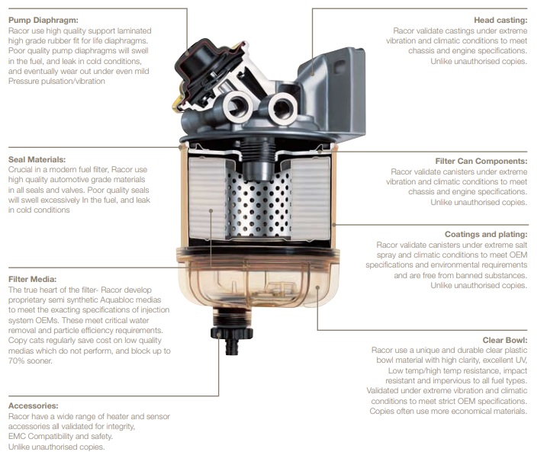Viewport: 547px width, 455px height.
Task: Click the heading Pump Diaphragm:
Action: (43, 21)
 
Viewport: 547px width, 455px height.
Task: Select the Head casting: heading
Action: (500, 21)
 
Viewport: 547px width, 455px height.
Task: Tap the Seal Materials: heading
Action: (37, 159)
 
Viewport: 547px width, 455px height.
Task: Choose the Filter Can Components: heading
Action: (481, 161)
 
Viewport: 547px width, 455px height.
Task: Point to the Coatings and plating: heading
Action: (486, 234)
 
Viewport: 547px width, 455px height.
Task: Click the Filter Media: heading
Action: (33, 279)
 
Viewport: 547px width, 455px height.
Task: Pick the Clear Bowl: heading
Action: (505, 340)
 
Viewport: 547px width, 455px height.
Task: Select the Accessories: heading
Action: (34, 406)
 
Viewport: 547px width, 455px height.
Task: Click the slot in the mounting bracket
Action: (339, 66)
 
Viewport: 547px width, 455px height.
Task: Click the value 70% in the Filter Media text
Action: (15, 361)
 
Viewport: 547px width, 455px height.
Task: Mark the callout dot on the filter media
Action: (211, 210)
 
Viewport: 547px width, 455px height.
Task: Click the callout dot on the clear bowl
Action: (317, 287)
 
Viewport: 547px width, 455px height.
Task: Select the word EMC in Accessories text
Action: (17, 436)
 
